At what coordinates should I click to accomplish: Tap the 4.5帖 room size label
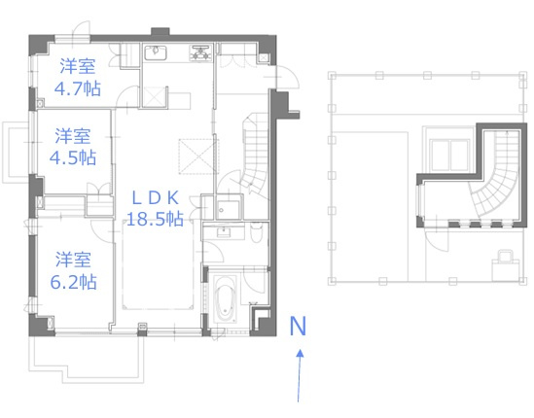74,157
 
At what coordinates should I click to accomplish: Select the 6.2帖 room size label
74,282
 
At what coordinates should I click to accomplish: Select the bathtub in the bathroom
225,303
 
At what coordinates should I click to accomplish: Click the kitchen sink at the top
158,52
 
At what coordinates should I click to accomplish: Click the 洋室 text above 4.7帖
74,67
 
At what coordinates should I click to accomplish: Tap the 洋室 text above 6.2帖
74,260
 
